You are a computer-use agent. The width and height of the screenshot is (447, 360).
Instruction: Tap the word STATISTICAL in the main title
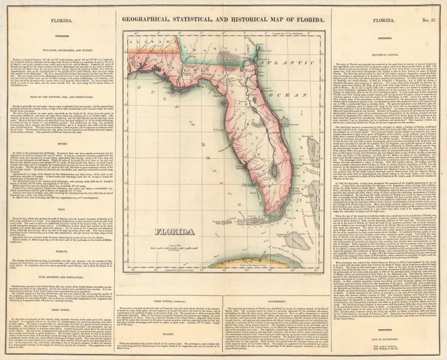(206, 21)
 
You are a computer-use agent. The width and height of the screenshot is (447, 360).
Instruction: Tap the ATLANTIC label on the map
(276, 67)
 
